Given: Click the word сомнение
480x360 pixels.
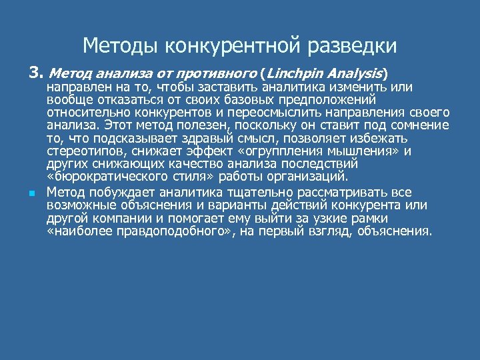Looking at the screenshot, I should [418, 125].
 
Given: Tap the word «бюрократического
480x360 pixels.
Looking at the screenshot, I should [111, 176].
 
